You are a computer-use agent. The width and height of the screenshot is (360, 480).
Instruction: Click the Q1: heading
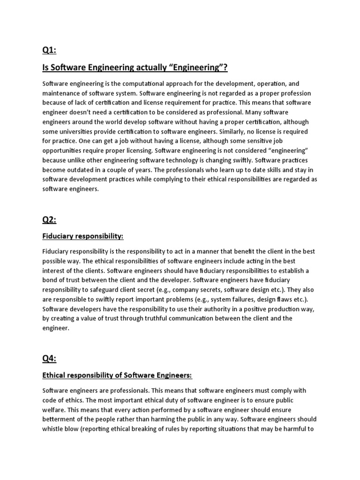point(49,51)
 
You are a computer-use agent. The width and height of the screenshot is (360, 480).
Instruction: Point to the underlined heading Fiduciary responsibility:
point(83,235)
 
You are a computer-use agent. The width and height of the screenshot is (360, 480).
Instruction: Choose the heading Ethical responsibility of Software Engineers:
point(117,375)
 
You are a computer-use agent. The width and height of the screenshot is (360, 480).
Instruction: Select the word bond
point(50,280)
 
